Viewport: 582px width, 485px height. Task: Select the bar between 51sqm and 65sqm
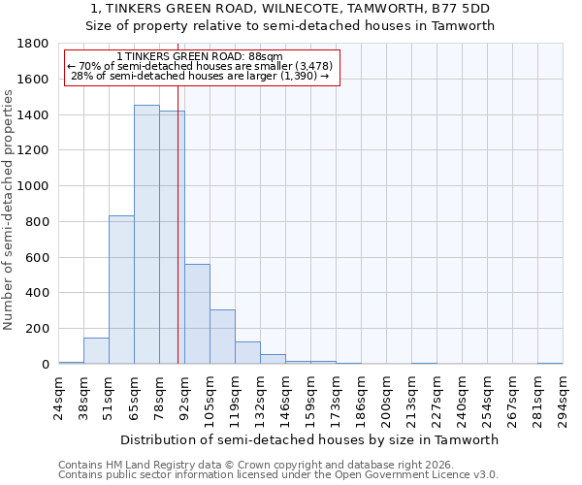click(121, 290)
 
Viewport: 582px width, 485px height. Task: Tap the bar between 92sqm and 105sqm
click(197, 314)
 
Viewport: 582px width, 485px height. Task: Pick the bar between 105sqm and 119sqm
click(222, 337)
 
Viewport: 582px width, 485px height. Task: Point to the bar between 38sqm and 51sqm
click(96, 351)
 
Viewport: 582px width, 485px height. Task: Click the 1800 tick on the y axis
click(34, 44)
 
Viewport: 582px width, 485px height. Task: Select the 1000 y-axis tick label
click(34, 186)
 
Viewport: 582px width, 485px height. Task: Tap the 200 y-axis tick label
click(38, 329)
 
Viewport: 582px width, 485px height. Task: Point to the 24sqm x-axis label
click(58, 395)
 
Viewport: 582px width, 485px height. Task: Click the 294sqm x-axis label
click(563, 395)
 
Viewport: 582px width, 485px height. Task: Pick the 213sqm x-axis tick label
click(411, 395)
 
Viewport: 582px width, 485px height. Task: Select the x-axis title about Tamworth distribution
click(309, 439)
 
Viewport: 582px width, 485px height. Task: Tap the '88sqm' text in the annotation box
click(264, 57)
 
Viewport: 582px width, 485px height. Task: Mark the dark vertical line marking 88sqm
click(178, 242)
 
